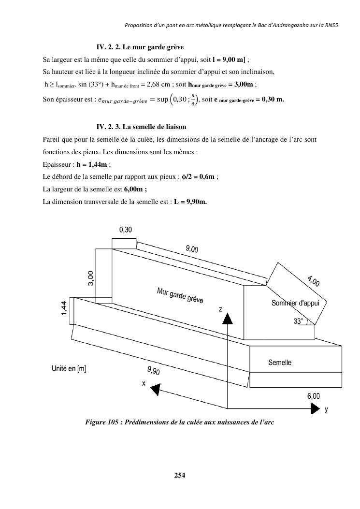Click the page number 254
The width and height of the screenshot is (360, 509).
(x=180, y=475)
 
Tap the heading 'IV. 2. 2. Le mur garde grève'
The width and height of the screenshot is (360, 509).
(x=140, y=47)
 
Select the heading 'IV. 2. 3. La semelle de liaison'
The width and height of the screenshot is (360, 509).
(x=141, y=127)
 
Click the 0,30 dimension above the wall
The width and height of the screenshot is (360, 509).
(x=125, y=230)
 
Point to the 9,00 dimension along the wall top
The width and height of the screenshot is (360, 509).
(x=192, y=249)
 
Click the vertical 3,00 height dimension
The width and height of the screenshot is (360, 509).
(x=91, y=278)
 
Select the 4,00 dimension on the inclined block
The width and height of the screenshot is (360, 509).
(x=313, y=280)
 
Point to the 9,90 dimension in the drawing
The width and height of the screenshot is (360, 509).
(x=154, y=371)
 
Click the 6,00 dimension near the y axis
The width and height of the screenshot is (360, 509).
(x=313, y=396)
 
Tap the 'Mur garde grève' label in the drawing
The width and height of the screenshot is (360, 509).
(x=180, y=295)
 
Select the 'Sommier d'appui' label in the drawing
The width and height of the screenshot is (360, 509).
(x=299, y=303)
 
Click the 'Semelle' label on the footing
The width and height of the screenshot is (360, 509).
(x=280, y=362)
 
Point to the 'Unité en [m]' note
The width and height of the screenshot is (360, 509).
(x=69, y=369)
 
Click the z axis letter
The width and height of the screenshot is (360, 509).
(x=220, y=308)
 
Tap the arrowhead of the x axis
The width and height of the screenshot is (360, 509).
(x=155, y=388)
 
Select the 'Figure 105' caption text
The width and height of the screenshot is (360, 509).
(x=179, y=422)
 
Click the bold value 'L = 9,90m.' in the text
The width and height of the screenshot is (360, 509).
(x=190, y=202)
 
